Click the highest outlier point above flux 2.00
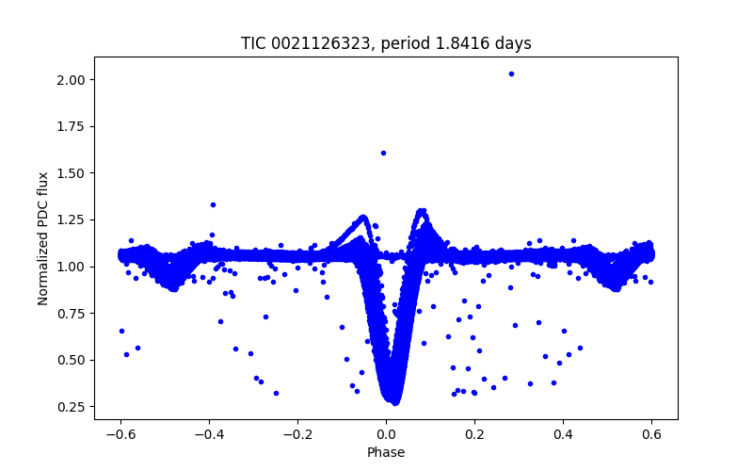[511, 73]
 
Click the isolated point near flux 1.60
[383, 153]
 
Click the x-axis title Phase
[386, 452]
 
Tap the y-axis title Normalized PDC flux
[43, 237]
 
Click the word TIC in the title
[253, 43]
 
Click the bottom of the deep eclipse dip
[394, 401]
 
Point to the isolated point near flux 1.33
[213, 204]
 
